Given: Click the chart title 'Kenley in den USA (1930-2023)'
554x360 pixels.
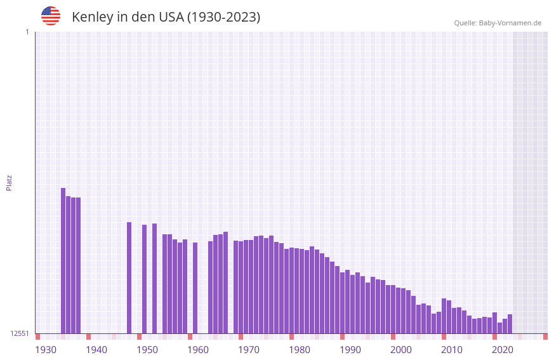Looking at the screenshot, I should (166, 17).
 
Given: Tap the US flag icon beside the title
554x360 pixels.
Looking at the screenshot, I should (51, 16).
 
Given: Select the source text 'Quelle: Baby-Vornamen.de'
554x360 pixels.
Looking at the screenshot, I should (498, 23).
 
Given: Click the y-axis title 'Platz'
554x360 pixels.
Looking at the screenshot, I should (9, 182).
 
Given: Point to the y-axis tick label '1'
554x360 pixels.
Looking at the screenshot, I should (27, 32).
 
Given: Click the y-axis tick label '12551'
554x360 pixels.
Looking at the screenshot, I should (20, 333).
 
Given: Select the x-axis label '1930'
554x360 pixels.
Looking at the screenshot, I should (46, 349).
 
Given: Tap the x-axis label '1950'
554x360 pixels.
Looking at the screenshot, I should (147, 349).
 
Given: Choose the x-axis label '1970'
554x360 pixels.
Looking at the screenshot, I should (249, 349).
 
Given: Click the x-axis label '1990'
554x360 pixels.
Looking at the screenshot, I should (350, 349).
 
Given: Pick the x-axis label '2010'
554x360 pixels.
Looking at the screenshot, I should (452, 349).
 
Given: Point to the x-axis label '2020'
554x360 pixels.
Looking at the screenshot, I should (503, 349).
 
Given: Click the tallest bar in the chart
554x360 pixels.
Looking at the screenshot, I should (63, 260).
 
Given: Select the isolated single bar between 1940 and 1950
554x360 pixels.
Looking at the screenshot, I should (129, 277).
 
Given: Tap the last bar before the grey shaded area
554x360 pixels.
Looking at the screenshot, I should (510, 324).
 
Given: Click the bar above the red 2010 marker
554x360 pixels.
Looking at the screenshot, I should (444, 316).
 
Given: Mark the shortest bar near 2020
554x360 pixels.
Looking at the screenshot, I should (499, 328).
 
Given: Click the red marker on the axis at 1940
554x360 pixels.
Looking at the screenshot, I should (89, 337).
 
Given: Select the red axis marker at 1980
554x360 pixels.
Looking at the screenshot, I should (292, 337).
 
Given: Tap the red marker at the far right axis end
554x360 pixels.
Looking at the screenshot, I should (545, 337).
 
